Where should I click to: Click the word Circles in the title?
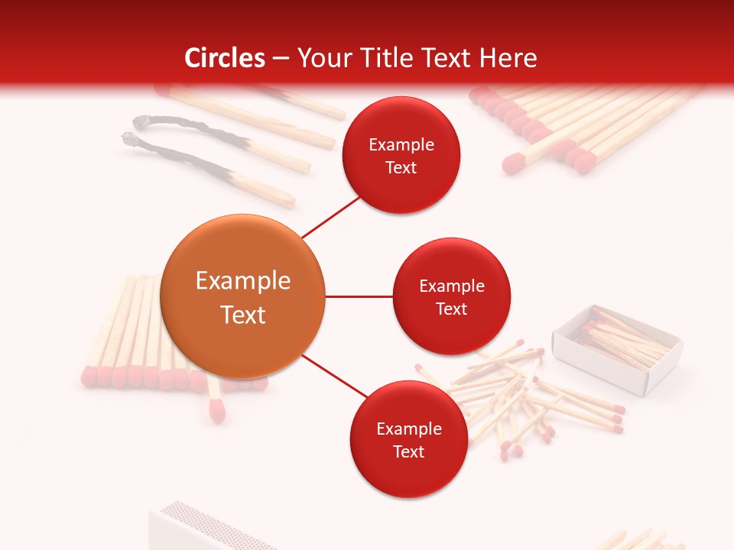(x=225, y=57)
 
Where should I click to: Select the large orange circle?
(x=243, y=296)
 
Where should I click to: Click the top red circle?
(x=401, y=155)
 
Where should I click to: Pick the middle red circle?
(x=451, y=296)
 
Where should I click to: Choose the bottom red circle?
(x=408, y=439)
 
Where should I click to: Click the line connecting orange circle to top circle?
(x=331, y=216)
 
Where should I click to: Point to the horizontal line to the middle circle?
(x=359, y=296)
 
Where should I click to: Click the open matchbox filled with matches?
(x=618, y=348)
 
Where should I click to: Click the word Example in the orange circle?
(x=243, y=281)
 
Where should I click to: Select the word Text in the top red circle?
(x=401, y=167)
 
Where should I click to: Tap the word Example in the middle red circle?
(x=451, y=286)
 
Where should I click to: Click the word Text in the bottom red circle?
(x=408, y=451)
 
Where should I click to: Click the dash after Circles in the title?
(x=281, y=58)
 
